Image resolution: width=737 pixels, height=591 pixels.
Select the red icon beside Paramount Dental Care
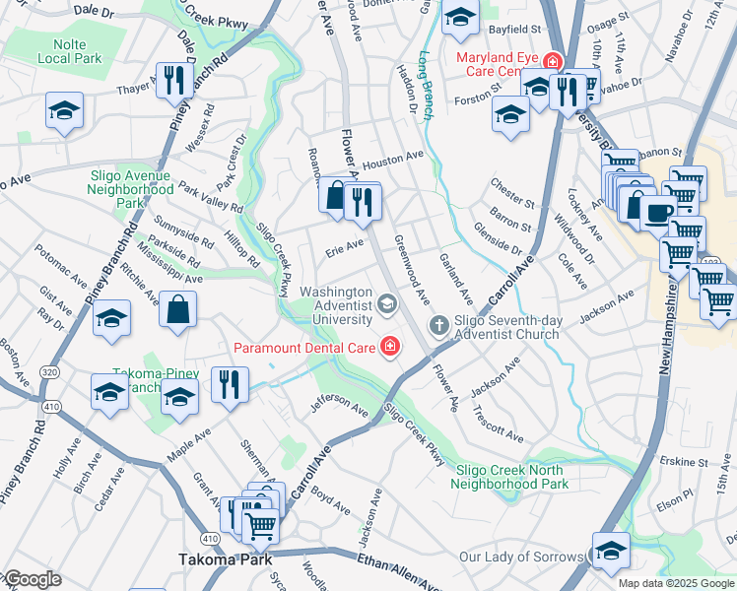390,346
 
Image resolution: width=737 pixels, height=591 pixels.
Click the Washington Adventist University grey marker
386,301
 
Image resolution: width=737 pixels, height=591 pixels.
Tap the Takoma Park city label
218,558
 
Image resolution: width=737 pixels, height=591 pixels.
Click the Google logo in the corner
32,579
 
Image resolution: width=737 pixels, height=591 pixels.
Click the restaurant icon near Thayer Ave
173,81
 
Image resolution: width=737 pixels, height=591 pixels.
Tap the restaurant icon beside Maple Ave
229,383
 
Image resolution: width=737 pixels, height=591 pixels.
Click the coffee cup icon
658,210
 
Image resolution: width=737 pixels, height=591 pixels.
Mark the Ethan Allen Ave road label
390,571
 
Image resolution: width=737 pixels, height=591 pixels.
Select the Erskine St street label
684,461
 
